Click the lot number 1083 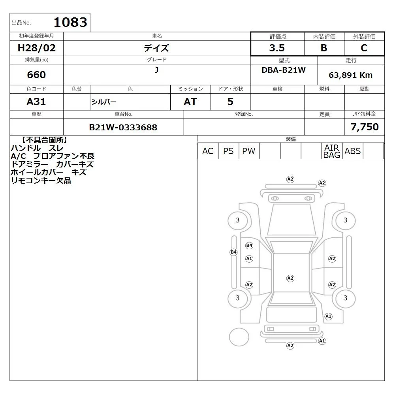pyautogui.click(x=71, y=22)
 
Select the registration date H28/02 pyautogui.click(x=36, y=48)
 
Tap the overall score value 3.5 pyautogui.click(x=277, y=48)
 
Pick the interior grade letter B pyautogui.click(x=324, y=48)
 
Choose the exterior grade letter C pyautogui.click(x=364, y=48)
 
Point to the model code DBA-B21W pyautogui.click(x=284, y=70)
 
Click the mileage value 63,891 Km pyautogui.click(x=351, y=75)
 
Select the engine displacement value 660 pyautogui.click(x=36, y=75)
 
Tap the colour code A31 pyautogui.click(x=36, y=102)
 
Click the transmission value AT pyautogui.click(x=190, y=102)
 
